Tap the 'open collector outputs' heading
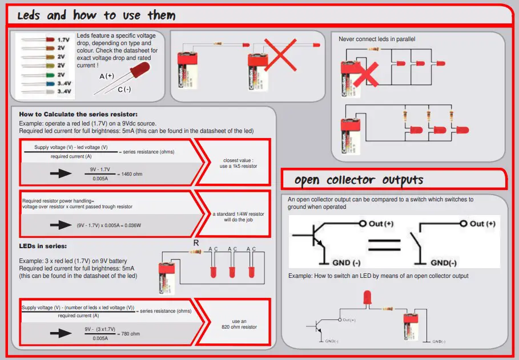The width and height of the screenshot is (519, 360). tap(359, 180)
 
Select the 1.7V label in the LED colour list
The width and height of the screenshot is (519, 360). tap(63, 41)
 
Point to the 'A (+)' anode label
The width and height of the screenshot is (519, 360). tap(107, 76)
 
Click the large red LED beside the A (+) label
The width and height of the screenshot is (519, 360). tap(139, 70)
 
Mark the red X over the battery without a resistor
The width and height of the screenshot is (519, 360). tap(279, 56)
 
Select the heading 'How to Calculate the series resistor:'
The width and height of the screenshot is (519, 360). tap(78, 114)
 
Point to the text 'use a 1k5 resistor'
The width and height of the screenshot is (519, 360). tap(235, 166)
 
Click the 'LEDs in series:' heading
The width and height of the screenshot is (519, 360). tap(43, 246)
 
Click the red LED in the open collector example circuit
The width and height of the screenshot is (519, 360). tap(367, 297)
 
